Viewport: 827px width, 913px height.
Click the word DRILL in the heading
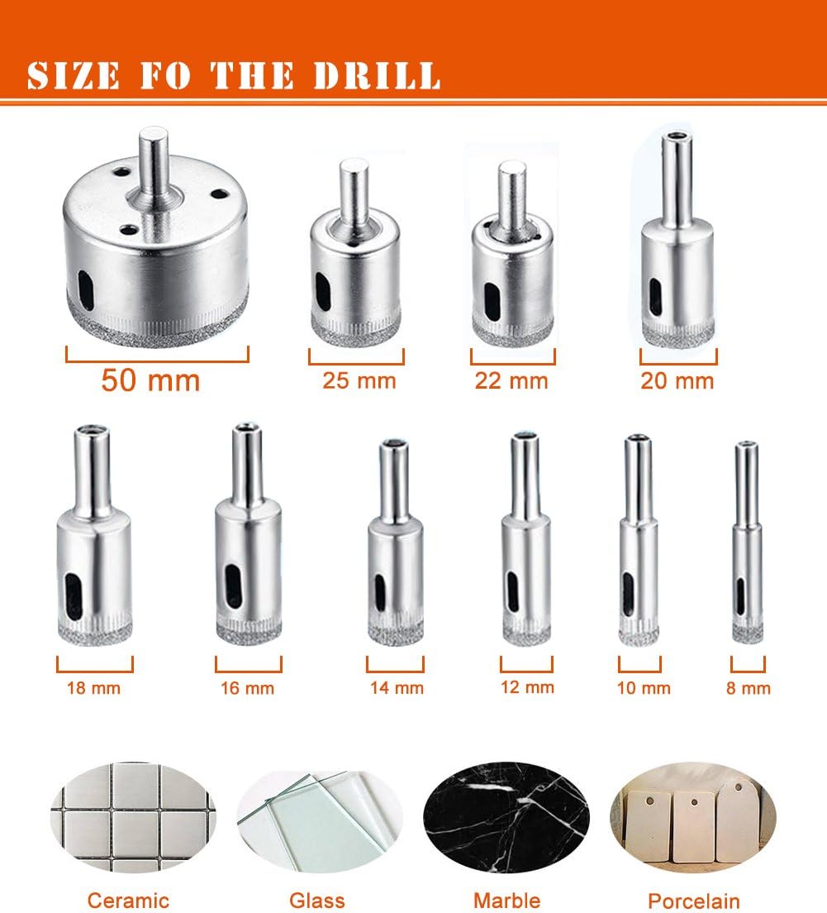coord(377,76)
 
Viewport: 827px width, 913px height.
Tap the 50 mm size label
coord(150,380)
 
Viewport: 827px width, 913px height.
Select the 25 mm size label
coord(359,380)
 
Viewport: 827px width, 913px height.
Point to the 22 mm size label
coord(511,380)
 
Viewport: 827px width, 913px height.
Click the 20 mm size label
coord(677,380)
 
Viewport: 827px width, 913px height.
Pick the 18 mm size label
coord(93,688)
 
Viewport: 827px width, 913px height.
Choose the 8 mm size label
coord(748,688)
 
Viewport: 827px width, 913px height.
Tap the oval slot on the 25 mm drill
coord(321,291)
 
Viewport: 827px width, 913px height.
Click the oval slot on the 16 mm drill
coord(233,586)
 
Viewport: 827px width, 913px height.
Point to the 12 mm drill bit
coord(526,538)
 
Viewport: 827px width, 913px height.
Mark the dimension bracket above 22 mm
coord(512,363)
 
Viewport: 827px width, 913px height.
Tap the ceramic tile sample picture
coord(133,817)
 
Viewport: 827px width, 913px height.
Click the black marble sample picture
coord(506,817)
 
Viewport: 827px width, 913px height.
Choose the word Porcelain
coord(694,901)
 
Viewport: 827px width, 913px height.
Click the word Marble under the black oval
coord(506,901)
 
